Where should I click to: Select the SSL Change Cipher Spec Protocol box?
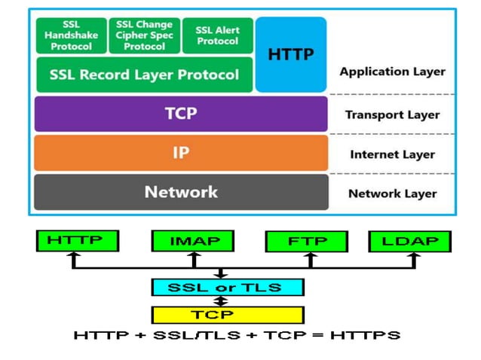click(x=144, y=35)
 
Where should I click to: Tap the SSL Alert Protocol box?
click(x=217, y=35)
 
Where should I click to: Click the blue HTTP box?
click(x=291, y=54)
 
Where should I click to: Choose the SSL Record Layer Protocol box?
click(x=144, y=75)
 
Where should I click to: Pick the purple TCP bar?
click(x=181, y=114)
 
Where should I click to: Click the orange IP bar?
click(x=181, y=153)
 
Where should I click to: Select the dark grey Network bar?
click(x=181, y=192)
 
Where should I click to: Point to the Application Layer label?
click(x=392, y=72)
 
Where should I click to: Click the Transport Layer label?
click(x=392, y=115)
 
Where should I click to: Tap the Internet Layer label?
click(x=392, y=154)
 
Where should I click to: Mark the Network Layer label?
click(x=392, y=194)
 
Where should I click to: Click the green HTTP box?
click(x=78, y=241)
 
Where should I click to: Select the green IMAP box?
click(x=194, y=241)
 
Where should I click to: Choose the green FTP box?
click(x=306, y=241)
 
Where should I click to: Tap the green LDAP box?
click(x=409, y=241)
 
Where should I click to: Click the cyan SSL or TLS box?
click(x=227, y=287)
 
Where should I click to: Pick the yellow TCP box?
click(x=227, y=314)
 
